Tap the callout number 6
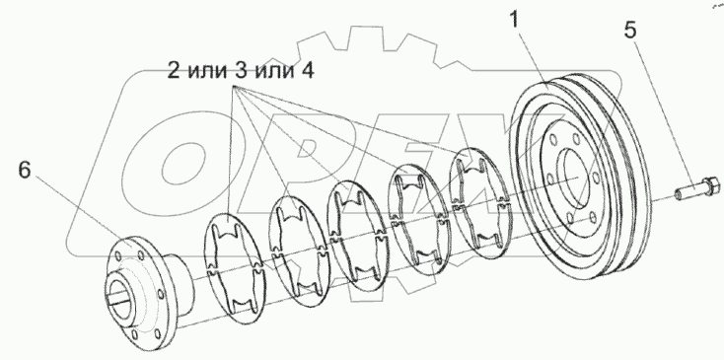click(x=27, y=170)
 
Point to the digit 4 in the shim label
click(x=311, y=72)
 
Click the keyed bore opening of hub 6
click(x=117, y=289)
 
